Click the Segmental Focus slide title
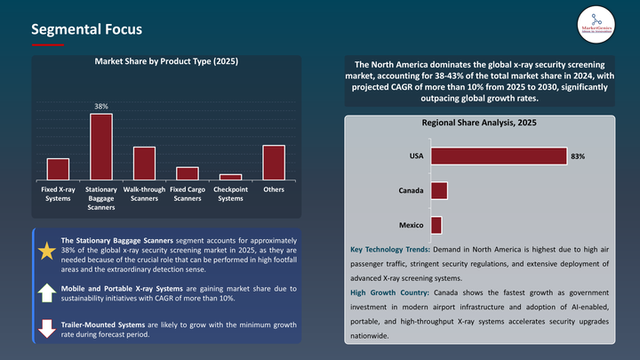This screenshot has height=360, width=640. coord(86,29)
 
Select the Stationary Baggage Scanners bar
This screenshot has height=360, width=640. coord(101,148)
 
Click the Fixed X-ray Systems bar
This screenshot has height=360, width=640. coord(58,170)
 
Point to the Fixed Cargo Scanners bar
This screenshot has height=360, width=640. coord(188,174)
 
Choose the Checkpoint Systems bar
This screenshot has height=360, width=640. coord(230,178)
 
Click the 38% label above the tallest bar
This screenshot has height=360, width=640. coord(101,107)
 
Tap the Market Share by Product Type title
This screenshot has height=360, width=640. coord(166,62)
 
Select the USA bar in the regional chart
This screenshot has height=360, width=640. coord(498,156)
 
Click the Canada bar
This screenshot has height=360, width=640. coord(438,191)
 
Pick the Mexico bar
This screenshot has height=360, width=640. coord(436,225)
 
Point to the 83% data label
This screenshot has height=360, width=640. coord(578,156)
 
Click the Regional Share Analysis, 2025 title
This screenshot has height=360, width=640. coord(479,124)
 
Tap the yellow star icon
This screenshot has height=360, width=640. coord(46,251)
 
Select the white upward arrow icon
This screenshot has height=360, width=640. coord(46,292)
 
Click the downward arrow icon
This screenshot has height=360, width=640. coord(46,330)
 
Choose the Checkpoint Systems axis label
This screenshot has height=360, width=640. coord(230,194)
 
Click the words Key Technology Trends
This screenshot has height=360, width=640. coord(390,252)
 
